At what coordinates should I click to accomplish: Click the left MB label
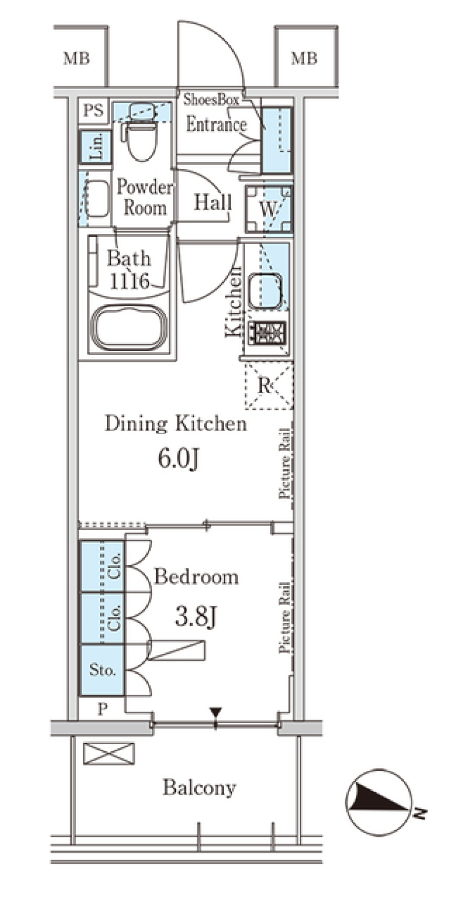click(76, 58)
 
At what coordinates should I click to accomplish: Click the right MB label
click(304, 58)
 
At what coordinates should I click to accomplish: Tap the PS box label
click(94, 111)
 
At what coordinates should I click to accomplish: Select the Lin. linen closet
click(96, 146)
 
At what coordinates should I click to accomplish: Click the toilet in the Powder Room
click(142, 132)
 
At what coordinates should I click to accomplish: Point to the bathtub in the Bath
click(129, 328)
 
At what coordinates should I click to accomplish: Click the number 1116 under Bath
click(130, 281)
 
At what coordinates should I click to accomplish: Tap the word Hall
click(212, 203)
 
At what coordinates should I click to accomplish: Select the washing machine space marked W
click(268, 208)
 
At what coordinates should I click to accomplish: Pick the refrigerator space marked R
click(269, 385)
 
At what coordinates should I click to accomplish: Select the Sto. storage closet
click(102, 670)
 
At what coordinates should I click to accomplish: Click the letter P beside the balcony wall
click(102, 709)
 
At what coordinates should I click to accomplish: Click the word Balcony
click(199, 788)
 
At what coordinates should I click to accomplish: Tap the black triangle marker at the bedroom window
click(216, 712)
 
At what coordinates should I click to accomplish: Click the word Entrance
click(216, 125)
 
